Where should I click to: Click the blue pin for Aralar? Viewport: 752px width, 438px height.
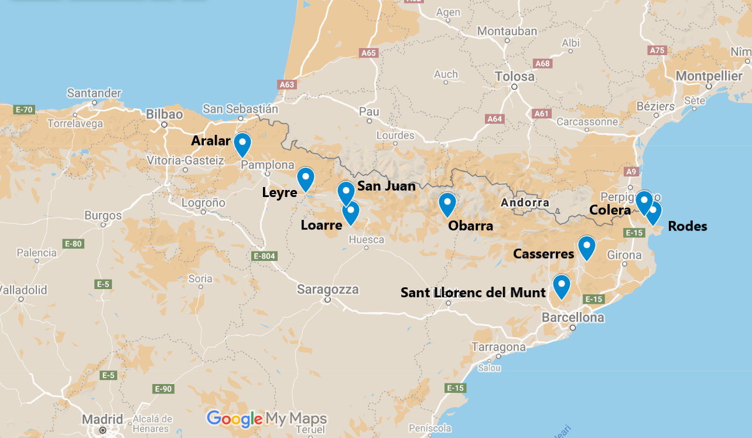point(242,144)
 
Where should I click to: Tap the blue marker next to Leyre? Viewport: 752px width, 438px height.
point(305,178)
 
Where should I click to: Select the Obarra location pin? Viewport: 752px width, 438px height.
point(447,203)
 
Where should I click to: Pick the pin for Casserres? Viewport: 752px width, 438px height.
point(586,247)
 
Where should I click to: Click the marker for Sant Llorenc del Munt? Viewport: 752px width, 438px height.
point(561,286)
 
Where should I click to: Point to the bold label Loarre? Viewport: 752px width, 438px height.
point(321,225)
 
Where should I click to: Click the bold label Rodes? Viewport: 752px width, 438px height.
point(687,226)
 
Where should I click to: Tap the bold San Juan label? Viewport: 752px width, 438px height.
point(386,186)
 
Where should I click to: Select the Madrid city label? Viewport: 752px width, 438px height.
point(102,419)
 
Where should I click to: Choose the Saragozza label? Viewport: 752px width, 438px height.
point(327,289)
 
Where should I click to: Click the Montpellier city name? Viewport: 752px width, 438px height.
point(709,76)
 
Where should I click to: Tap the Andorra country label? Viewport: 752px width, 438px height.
point(525,203)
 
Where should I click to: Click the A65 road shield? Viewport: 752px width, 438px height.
point(368,53)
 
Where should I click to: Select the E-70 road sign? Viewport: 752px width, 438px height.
point(25,109)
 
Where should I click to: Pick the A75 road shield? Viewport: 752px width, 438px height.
point(658,50)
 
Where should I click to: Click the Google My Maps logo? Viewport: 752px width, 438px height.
point(266,419)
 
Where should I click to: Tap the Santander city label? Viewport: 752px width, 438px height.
point(94,93)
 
